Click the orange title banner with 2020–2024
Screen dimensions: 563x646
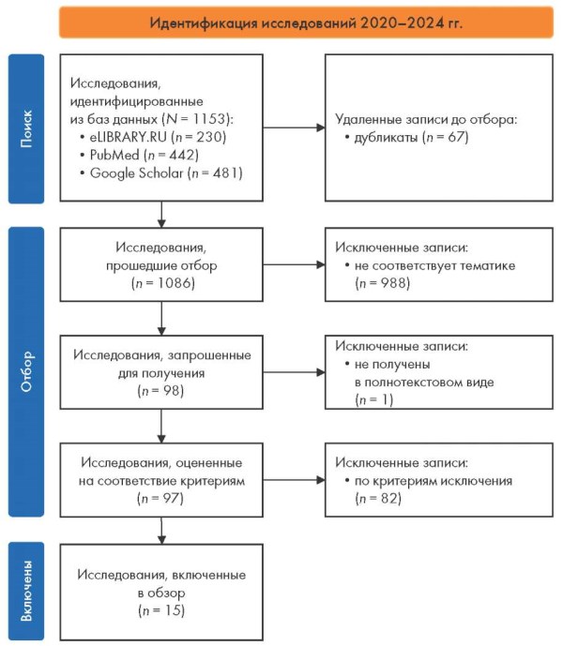(x=306, y=23)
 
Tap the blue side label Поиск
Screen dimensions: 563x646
(x=26, y=128)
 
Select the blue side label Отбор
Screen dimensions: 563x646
(x=26, y=371)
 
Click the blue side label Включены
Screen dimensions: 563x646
(x=26, y=591)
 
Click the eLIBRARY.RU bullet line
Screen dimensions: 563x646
(x=154, y=137)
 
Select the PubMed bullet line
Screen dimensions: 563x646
(x=140, y=156)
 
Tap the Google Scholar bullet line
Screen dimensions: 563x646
(x=161, y=173)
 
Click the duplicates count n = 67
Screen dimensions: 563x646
(x=446, y=137)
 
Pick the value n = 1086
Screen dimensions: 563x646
(x=163, y=283)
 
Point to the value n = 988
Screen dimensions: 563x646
(x=383, y=283)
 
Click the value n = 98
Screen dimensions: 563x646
(x=160, y=391)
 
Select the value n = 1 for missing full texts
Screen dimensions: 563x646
(x=374, y=400)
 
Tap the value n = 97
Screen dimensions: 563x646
(x=160, y=499)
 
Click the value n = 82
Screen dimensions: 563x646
(x=378, y=499)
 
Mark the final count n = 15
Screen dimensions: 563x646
(x=161, y=610)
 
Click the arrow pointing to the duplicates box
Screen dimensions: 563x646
(x=294, y=128)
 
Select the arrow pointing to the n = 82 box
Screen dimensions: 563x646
(x=294, y=480)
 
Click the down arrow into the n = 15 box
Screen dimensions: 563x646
(x=161, y=531)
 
